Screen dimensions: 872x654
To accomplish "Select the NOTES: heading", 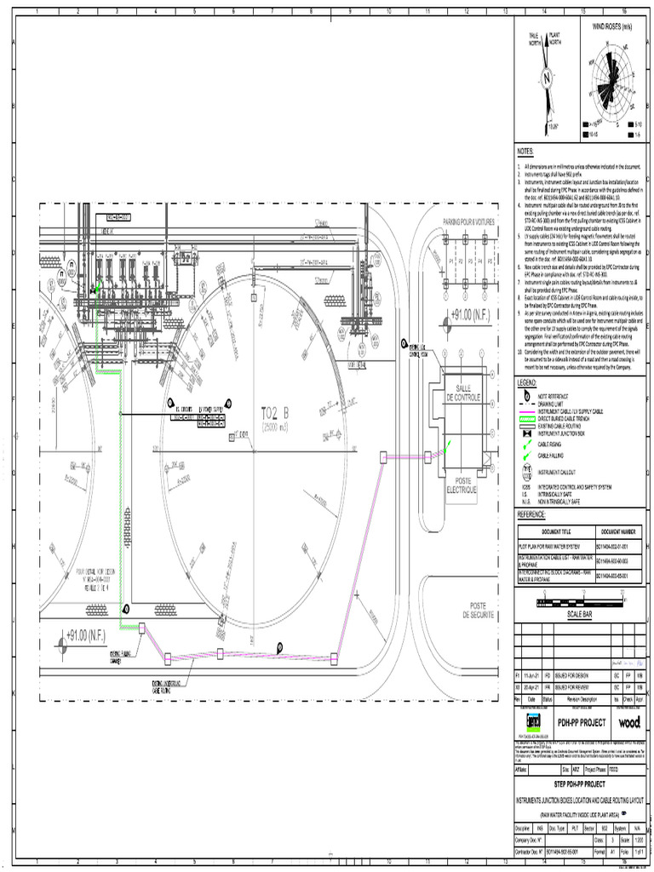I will point(526,151).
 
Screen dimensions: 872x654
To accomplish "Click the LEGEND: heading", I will point(528,384).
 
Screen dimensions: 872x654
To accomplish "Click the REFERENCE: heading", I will point(532,515).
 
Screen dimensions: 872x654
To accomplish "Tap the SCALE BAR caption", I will point(578,613).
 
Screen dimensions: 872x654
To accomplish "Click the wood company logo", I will point(629,722).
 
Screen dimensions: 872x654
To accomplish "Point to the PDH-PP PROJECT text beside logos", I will point(582,722).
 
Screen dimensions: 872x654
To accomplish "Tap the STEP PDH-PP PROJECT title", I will point(579,783).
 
